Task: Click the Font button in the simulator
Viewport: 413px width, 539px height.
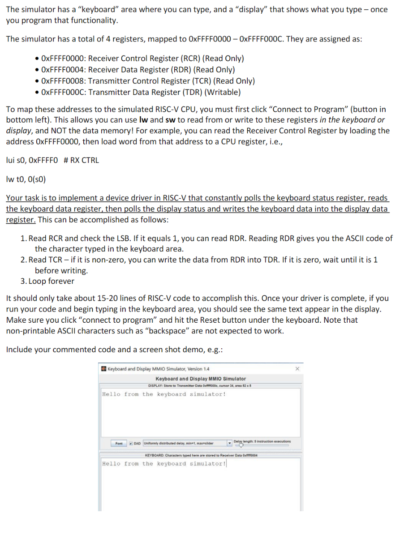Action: [x=119, y=443]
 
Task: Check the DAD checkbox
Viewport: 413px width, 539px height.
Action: [x=131, y=443]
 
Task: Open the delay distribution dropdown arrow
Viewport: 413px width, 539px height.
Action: [x=230, y=443]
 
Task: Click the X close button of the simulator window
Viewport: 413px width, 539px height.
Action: [x=297, y=369]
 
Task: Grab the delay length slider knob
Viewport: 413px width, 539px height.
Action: [x=241, y=445]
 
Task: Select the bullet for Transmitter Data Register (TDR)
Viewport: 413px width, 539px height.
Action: [x=38, y=92]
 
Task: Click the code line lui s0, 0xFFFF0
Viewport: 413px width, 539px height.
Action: [x=32, y=160]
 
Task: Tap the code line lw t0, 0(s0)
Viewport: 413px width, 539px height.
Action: [x=26, y=180]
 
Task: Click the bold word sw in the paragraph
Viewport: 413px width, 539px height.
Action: [x=170, y=120]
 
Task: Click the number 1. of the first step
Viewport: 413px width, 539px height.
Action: [x=23, y=239]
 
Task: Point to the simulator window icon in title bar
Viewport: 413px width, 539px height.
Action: [x=104, y=369]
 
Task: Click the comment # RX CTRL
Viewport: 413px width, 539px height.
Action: [x=81, y=160]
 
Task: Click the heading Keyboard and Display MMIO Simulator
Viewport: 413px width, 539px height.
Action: [x=200, y=379]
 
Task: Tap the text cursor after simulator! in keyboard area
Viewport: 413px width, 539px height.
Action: [x=226, y=464]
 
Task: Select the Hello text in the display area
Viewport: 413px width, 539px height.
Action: [x=111, y=395]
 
